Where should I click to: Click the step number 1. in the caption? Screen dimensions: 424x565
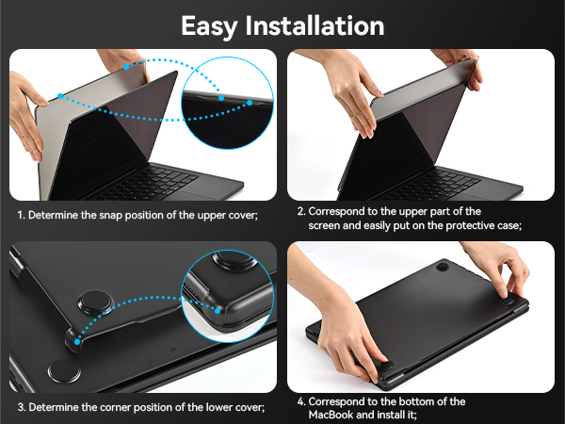[21, 215]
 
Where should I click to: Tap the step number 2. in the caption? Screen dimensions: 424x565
[301, 211]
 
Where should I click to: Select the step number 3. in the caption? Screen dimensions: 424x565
[21, 407]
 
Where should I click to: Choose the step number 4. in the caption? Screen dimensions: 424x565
[301, 400]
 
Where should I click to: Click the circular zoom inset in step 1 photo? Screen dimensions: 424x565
[227, 97]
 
